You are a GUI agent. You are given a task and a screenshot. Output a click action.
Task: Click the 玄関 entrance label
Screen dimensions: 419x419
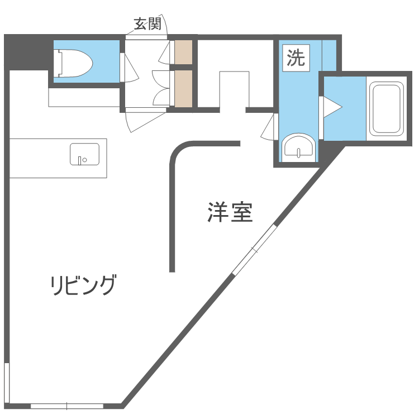(x=147, y=23)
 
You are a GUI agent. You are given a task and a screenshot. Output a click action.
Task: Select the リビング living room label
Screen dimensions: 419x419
(x=83, y=285)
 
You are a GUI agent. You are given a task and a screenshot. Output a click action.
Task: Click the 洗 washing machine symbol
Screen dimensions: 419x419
(x=296, y=58)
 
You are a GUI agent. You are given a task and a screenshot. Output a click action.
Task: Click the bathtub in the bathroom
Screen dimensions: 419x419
(x=387, y=109)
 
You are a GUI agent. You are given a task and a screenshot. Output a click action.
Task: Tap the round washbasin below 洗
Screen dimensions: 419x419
(x=299, y=147)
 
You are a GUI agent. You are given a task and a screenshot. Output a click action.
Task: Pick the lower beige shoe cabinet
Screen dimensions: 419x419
(x=183, y=88)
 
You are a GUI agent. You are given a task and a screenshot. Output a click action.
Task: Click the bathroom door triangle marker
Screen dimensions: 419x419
(x=330, y=106)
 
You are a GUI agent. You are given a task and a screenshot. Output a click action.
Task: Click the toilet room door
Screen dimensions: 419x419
(x=123, y=67)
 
